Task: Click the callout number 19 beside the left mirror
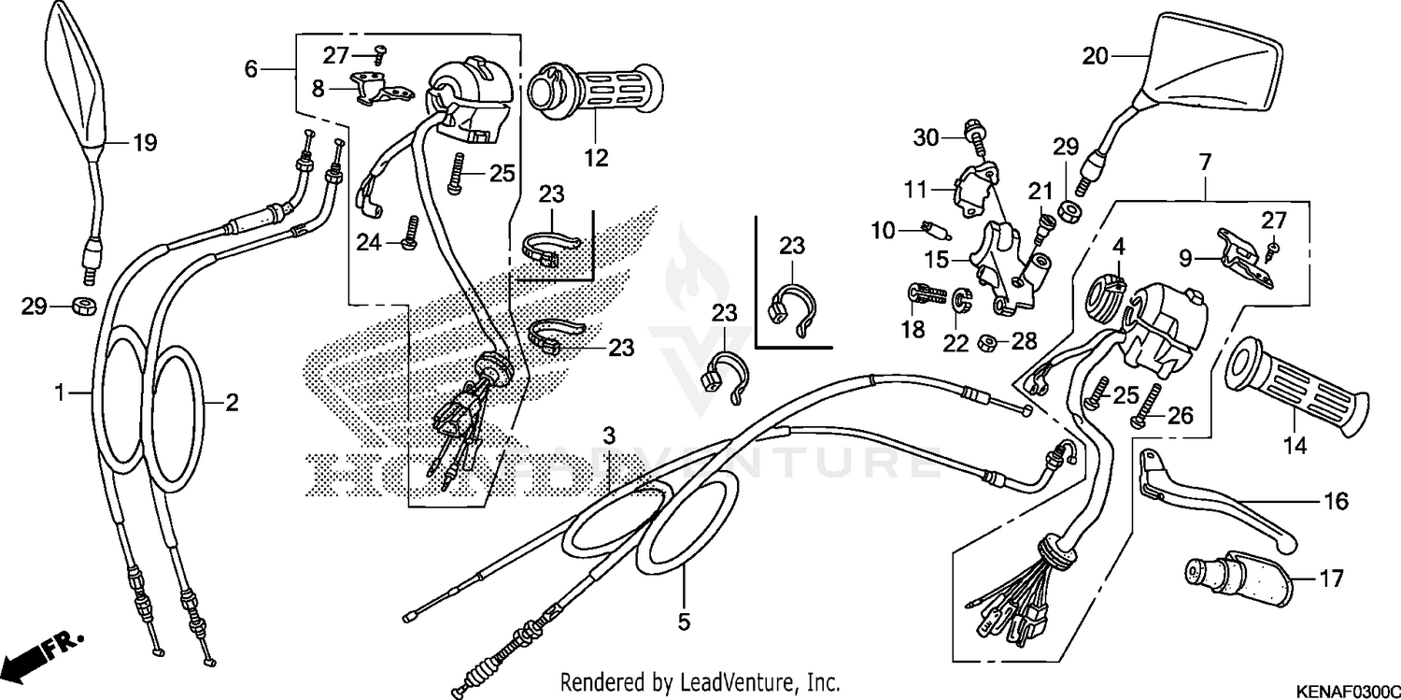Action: (x=144, y=143)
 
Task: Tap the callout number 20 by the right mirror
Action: (x=1096, y=56)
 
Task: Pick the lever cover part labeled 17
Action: (x=1238, y=578)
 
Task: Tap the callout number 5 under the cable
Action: (x=684, y=621)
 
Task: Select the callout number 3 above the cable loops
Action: (x=609, y=436)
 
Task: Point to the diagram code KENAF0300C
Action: (x=1344, y=690)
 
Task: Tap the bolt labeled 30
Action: (x=975, y=138)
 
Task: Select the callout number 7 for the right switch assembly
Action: (x=1205, y=163)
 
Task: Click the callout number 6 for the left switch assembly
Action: (x=250, y=68)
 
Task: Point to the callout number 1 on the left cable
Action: (x=60, y=393)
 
